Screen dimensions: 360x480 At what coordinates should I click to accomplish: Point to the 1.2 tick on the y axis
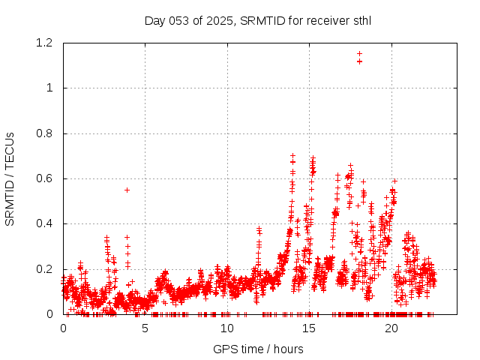click(x=46, y=43)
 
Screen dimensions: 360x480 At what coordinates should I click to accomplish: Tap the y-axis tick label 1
click(x=50, y=88)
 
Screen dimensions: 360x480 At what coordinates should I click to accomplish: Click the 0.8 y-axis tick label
click(x=46, y=133)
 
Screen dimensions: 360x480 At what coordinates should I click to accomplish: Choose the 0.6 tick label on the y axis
click(x=46, y=178)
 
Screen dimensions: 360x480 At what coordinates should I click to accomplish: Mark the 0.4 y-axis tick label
click(x=46, y=223)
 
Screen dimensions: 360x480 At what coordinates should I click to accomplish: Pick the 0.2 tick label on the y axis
click(x=46, y=268)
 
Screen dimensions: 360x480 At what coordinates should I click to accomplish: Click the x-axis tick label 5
click(x=145, y=328)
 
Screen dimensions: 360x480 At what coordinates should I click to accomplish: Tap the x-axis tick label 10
click(x=227, y=328)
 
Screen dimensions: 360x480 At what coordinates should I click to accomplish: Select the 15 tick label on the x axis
click(x=309, y=328)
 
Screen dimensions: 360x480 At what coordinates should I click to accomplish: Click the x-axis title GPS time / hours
click(x=258, y=349)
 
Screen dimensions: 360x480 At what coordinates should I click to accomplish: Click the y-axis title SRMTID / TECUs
click(x=10, y=178)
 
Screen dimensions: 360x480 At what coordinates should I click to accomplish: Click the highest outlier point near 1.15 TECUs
click(x=359, y=53)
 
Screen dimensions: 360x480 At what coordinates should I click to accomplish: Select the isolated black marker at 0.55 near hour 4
click(x=127, y=190)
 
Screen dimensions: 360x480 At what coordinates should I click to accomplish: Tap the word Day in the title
click(x=154, y=20)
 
